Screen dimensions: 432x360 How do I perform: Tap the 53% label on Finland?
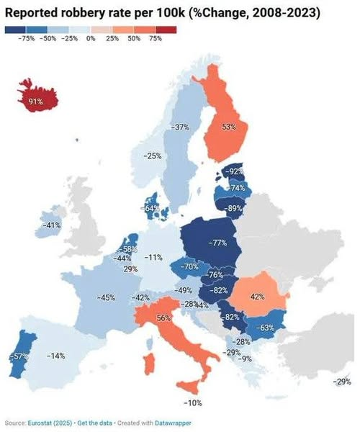tap(229, 127)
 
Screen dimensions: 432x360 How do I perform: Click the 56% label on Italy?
tap(163, 318)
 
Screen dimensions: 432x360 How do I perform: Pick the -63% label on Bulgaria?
tap(266, 328)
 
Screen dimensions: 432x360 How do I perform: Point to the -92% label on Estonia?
tap(235, 171)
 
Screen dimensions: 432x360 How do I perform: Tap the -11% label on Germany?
tap(153, 257)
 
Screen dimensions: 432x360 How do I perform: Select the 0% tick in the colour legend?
tap(91, 37)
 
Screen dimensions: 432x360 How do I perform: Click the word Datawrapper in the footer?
tap(171, 423)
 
